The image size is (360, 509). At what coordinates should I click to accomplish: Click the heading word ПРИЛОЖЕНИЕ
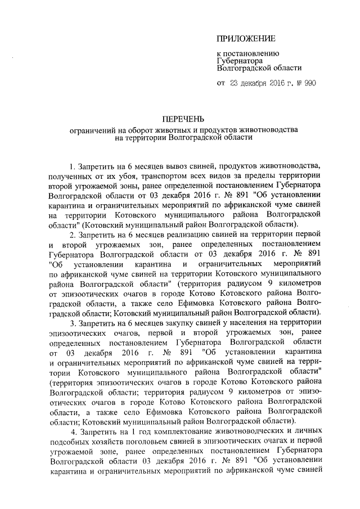click(x=246, y=39)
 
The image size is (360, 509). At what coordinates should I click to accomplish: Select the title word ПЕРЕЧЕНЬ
click(x=181, y=119)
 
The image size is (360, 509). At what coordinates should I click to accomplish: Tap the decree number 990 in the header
click(x=309, y=83)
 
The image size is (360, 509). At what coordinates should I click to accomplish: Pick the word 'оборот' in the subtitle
click(x=133, y=129)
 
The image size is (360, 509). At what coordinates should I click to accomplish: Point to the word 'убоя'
click(x=119, y=176)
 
